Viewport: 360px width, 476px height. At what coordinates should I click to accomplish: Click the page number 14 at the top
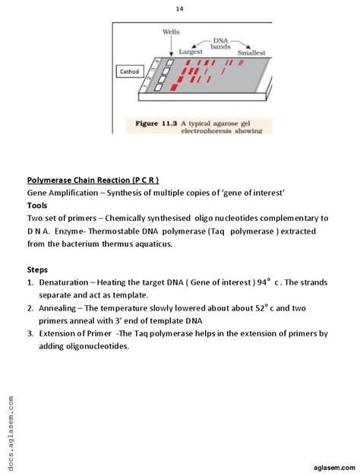pos(180,8)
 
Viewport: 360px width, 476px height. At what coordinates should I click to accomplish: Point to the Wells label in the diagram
pos(171,31)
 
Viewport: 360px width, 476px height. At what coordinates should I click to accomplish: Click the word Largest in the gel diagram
pos(190,51)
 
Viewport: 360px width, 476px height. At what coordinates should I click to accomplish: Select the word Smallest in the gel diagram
pos(251,53)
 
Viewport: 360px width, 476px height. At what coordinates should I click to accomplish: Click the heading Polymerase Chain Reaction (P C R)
pos(93,180)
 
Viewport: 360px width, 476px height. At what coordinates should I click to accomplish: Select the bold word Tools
pos(37,205)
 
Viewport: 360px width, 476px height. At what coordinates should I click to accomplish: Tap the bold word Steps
pos(37,269)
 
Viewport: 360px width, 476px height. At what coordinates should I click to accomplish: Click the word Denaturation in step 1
pos(62,282)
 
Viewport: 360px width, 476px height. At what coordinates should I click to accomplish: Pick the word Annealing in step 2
pos(58,307)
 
